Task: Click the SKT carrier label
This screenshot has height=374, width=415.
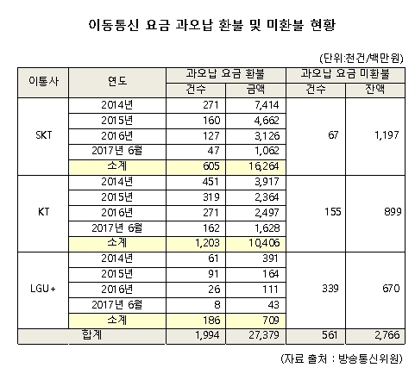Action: click(44, 135)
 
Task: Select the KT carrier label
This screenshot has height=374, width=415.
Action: click(44, 212)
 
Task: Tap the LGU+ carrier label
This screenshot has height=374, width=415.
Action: click(43, 289)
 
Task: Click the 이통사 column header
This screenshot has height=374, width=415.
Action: click(43, 81)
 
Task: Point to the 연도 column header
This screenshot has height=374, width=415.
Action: click(117, 81)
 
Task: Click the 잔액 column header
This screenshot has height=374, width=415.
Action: click(375, 90)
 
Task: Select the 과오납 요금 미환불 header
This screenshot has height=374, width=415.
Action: click(345, 74)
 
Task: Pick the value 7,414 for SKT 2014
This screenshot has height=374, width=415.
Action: click(267, 105)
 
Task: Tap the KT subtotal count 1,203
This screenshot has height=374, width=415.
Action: click(207, 243)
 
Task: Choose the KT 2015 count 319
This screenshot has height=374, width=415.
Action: click(211, 197)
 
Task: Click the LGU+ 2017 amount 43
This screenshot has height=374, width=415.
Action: click(274, 304)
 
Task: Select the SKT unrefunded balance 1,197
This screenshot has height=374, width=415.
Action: click(387, 135)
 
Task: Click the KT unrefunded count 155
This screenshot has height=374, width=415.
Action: click(333, 212)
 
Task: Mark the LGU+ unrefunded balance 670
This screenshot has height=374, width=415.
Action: click(391, 289)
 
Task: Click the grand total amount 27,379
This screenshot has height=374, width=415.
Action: click(264, 335)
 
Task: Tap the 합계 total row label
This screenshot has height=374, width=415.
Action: click(91, 335)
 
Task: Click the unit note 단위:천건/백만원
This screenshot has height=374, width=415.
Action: click(362, 59)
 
